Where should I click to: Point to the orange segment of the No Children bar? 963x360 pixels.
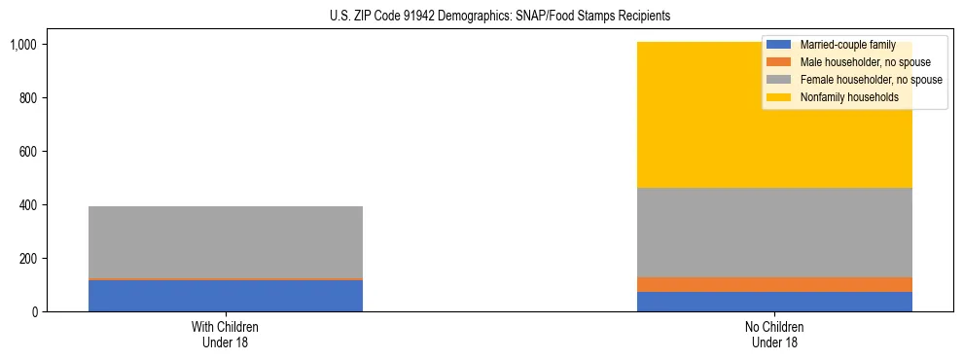coord(774,284)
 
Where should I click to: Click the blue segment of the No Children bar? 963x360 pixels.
coord(774,302)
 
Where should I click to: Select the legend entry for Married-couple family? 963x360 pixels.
coord(841,45)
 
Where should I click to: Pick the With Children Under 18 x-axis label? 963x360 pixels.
coord(226,334)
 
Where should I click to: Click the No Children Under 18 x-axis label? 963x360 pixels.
coord(774,334)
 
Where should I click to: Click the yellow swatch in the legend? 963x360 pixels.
coord(779,97)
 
